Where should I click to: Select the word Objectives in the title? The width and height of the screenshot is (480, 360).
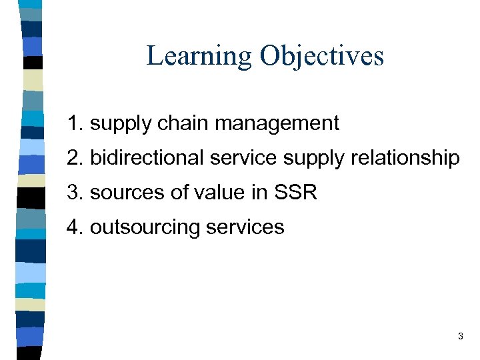click(x=322, y=56)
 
